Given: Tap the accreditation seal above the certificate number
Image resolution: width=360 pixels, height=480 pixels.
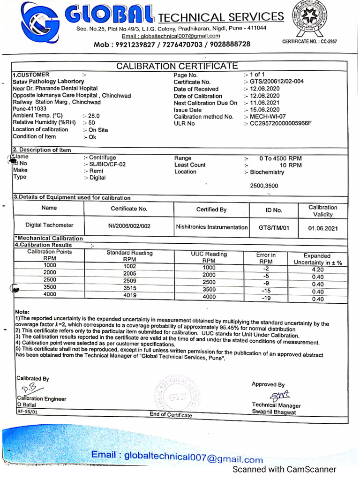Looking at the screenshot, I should point(309,19).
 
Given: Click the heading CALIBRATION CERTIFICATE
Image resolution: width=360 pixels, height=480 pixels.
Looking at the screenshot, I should point(177,66).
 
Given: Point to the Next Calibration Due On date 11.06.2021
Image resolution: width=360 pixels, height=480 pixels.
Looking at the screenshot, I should point(265,103).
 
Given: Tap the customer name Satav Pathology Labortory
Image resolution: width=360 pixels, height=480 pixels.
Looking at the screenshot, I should point(48,82).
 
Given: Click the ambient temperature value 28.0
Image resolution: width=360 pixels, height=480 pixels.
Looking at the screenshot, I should point(94,115).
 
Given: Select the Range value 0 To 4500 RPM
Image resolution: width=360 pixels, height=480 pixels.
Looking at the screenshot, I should point(281,158).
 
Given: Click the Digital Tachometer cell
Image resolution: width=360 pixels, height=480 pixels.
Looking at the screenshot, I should point(49,225).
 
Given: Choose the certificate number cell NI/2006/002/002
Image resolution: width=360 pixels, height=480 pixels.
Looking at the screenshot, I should point(129,226).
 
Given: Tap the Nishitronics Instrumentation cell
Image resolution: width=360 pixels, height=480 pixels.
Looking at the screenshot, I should point(211,227).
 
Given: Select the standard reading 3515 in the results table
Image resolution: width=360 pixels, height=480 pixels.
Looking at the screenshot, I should point(130,288).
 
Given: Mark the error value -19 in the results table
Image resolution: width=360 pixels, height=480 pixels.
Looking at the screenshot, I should point(266,298).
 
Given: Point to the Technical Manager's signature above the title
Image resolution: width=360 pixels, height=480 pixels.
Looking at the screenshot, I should point(277,395).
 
